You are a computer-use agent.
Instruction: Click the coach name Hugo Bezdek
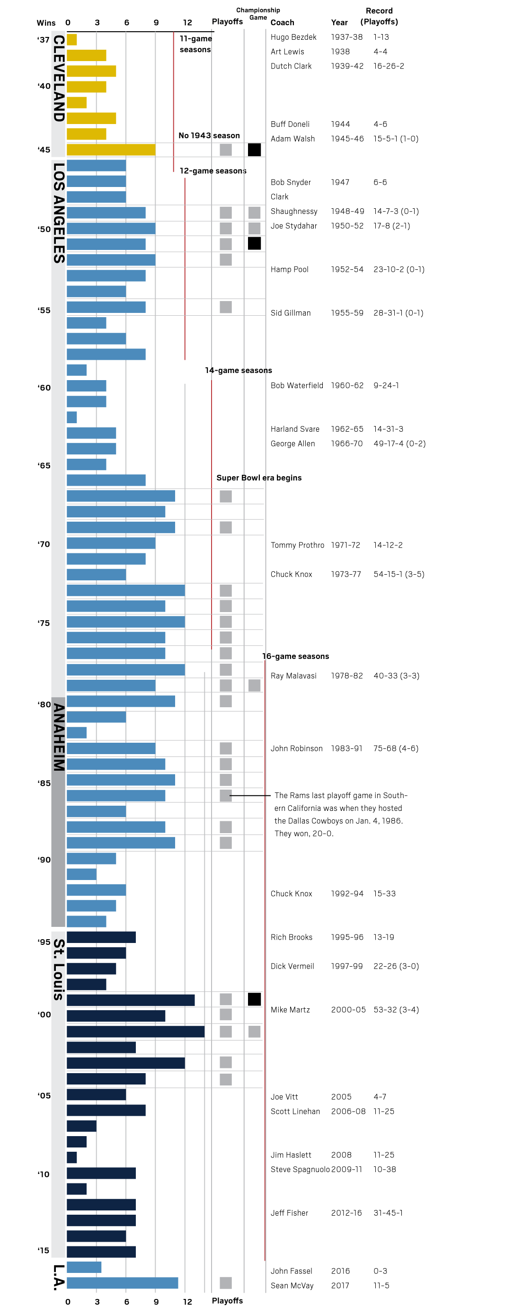point(293,37)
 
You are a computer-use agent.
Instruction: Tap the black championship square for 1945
point(254,150)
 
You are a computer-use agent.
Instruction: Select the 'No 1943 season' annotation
point(209,135)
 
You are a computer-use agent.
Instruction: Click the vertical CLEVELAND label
point(59,78)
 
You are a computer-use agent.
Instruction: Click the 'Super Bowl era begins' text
point(259,478)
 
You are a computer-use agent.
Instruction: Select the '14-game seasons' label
point(239,370)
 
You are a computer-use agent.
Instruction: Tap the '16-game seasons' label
point(296,656)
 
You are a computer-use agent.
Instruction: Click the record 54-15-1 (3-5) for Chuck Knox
point(399,574)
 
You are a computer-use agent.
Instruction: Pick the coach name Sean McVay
point(292,1285)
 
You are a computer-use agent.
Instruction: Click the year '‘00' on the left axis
point(44,1014)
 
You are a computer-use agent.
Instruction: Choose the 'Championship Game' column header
point(258,14)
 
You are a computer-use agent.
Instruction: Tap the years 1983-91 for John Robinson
point(347,748)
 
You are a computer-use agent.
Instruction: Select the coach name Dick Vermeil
point(292,966)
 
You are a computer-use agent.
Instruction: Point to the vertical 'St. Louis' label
point(59,969)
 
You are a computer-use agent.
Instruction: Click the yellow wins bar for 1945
point(111,150)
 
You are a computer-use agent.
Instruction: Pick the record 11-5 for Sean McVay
point(381,1285)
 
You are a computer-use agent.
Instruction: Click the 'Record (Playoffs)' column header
point(379,17)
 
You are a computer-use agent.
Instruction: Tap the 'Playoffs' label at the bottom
point(227,1301)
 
